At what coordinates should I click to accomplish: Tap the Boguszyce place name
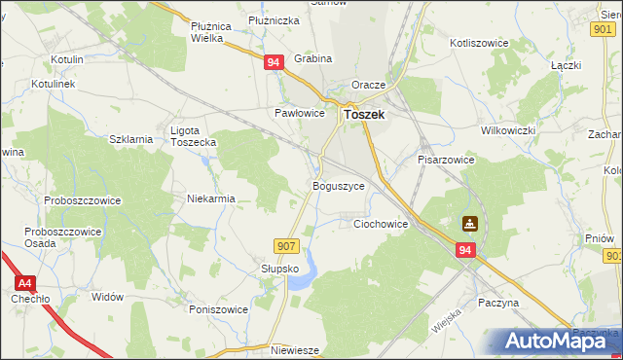(x=338, y=185)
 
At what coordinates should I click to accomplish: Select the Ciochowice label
(x=380, y=224)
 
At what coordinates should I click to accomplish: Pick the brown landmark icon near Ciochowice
(x=470, y=224)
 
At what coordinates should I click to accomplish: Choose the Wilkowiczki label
(x=509, y=130)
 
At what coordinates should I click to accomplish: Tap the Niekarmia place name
(x=211, y=198)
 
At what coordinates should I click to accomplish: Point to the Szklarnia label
(x=131, y=139)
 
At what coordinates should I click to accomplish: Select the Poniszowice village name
(x=219, y=309)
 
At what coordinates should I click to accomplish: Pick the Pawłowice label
(x=298, y=113)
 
